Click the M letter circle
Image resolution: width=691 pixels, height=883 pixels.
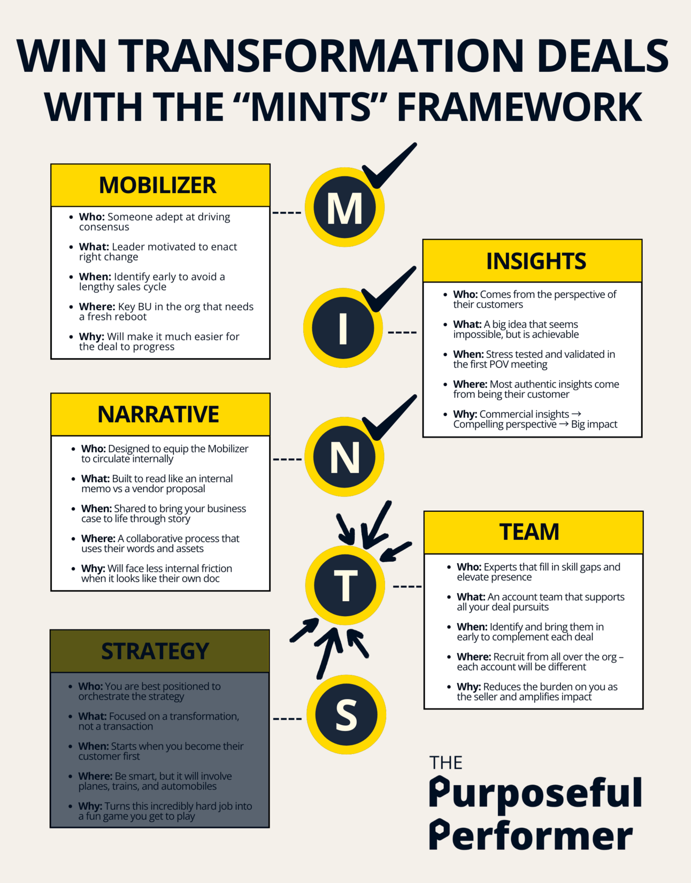point(344,208)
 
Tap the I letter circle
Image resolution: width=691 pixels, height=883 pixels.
point(343,328)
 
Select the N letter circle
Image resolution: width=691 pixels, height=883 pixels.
point(344,457)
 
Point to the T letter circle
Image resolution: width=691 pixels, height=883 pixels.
point(345,586)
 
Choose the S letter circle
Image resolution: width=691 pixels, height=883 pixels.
point(346,715)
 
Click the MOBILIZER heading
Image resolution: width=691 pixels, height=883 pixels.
point(158,186)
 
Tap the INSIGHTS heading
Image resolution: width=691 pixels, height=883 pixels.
point(536,261)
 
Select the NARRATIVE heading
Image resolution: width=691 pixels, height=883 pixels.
point(158,414)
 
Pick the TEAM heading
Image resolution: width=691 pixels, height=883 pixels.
point(529,532)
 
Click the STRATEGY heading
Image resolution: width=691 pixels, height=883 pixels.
point(155,651)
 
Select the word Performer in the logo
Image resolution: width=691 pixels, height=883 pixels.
point(531,836)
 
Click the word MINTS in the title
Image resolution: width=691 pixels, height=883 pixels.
point(311,106)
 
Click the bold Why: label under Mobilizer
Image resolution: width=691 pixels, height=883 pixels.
point(91,337)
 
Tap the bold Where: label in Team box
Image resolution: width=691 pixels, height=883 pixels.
point(473,657)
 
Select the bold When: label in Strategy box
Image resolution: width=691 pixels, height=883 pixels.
point(94,746)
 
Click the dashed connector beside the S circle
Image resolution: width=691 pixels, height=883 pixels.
point(287,719)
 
